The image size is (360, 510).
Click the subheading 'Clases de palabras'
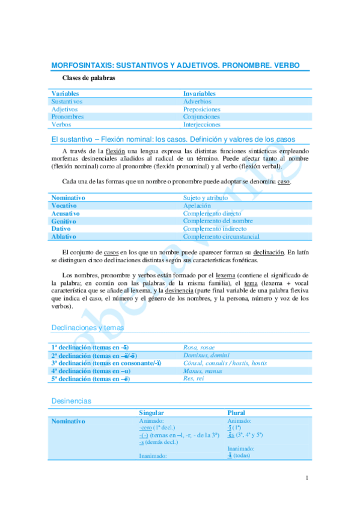[x=90, y=78]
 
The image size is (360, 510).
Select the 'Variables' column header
[x=66, y=94]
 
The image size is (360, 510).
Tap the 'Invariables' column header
[x=200, y=94]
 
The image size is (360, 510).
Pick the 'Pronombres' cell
[x=67, y=117]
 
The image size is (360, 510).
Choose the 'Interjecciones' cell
[x=203, y=124]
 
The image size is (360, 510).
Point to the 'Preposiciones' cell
[x=202, y=109]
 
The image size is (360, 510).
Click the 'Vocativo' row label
[x=64, y=206]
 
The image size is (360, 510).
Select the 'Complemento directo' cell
[x=212, y=214]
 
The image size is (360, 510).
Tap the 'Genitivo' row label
[x=64, y=221]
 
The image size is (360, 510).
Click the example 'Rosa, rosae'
[x=200, y=348]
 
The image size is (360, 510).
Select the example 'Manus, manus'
[x=202, y=371]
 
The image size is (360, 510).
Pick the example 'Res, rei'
[x=195, y=379]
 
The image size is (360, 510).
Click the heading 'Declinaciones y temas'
[x=88, y=328]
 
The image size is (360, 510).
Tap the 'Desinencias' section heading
[x=72, y=401]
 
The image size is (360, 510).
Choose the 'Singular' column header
[x=151, y=413]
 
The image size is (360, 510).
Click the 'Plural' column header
[x=236, y=413]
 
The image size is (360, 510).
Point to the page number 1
[x=307, y=478]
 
